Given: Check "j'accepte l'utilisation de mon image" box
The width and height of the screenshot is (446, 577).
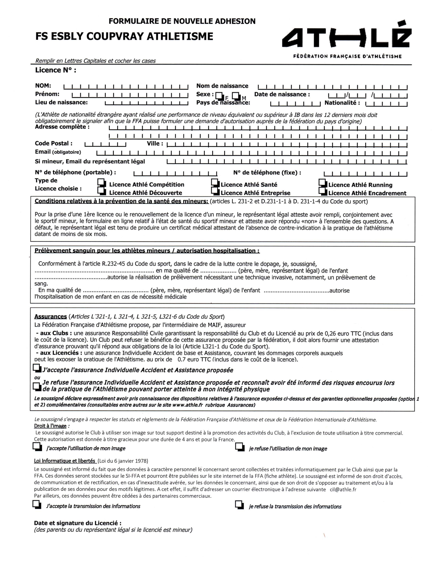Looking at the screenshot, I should click(x=37, y=446).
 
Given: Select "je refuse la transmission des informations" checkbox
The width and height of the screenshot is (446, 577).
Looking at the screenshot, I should click(x=239, y=505).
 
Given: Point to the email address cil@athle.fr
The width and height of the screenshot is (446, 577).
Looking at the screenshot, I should click(x=343, y=489).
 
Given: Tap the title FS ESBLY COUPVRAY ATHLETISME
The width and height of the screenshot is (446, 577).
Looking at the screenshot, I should click(x=124, y=36).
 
